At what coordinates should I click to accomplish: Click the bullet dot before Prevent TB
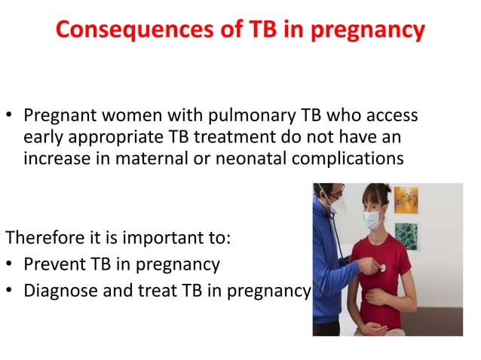[x=11, y=265]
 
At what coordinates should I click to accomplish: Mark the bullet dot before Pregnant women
[x=11, y=118]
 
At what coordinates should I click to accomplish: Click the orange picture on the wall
[x=406, y=200]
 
